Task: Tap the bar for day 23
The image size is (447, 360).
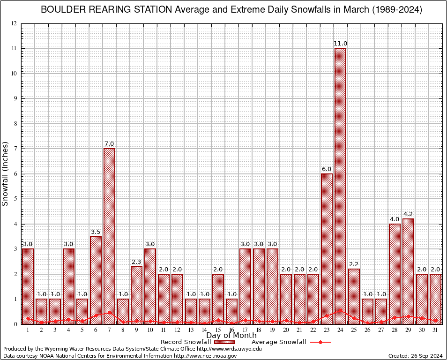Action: point(327,248)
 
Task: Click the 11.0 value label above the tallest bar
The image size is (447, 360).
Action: point(340,44)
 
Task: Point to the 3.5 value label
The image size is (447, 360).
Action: point(96,232)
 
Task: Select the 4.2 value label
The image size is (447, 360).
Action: point(408,214)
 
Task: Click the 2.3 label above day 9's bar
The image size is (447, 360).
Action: point(136,262)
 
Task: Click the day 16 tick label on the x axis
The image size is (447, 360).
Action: point(231,330)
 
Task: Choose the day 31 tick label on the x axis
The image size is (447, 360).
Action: point(435,330)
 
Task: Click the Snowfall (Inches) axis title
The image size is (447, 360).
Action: point(6,174)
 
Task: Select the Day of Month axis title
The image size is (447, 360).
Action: point(231,336)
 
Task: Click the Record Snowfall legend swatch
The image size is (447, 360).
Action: point(225,342)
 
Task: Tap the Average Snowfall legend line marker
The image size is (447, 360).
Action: point(320,342)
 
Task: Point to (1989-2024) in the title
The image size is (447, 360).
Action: point(398,10)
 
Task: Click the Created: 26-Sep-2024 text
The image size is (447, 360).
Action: point(415,356)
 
